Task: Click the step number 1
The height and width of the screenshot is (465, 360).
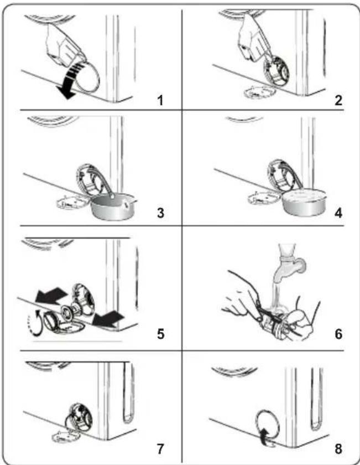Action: (160, 100)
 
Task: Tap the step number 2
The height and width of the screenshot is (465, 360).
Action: (338, 100)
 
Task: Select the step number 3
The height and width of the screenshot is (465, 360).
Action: (160, 213)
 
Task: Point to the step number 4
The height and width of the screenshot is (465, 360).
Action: (338, 213)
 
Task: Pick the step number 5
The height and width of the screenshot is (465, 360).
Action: (160, 334)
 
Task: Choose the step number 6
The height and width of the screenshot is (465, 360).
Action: (338, 334)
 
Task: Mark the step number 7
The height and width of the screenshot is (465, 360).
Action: (160, 449)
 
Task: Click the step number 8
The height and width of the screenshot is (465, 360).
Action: (338, 449)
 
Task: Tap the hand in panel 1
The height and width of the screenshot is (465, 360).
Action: (64, 44)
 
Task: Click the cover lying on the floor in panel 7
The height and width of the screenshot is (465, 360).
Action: (66, 436)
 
